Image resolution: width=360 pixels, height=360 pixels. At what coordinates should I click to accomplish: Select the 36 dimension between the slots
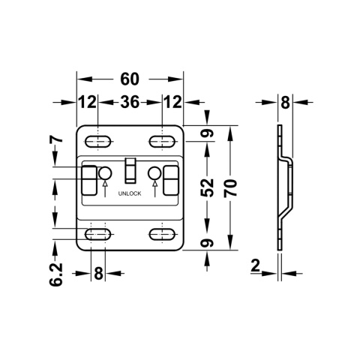click(x=130, y=102)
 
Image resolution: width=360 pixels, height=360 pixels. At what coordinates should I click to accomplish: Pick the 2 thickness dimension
click(x=256, y=264)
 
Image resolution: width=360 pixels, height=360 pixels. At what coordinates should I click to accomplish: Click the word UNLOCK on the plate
click(x=129, y=193)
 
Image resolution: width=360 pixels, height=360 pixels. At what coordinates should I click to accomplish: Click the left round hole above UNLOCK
click(x=104, y=174)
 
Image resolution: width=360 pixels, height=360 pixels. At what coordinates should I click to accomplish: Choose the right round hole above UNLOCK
click(x=154, y=174)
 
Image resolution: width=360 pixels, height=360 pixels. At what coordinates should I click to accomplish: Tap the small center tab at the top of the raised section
click(x=129, y=169)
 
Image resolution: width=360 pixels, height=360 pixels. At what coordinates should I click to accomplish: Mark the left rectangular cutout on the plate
click(x=88, y=179)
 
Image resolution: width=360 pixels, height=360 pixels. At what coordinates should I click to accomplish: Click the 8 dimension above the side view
click(x=285, y=102)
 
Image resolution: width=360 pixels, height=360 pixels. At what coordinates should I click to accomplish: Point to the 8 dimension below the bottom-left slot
click(x=97, y=274)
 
